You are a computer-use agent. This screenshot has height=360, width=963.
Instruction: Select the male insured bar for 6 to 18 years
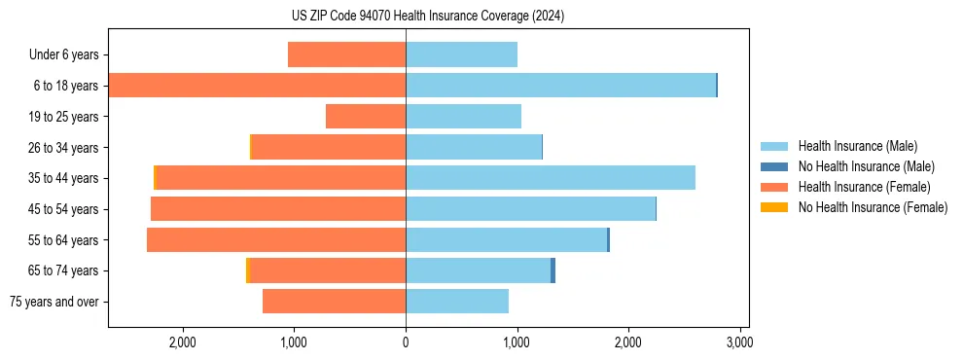pos(560,86)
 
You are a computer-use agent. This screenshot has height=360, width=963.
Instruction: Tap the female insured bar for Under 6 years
pos(346,54)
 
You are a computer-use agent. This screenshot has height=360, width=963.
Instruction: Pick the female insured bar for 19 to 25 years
pos(366,117)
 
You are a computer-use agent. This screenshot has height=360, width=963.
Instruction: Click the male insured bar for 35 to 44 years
pos(551,178)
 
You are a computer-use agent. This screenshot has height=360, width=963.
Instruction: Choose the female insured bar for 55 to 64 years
pos(276,239)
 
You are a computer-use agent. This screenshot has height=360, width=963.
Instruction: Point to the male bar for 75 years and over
pos(457,302)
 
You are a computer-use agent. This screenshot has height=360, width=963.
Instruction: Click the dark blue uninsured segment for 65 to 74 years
pos(553,270)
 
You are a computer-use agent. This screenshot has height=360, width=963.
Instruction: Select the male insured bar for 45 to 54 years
pos(530,209)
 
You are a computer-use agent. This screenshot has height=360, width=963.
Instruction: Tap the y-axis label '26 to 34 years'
pos(65,148)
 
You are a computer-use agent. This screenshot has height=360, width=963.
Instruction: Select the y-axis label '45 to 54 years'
pos(65,209)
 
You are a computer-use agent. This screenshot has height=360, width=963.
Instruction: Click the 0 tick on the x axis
pos(406,342)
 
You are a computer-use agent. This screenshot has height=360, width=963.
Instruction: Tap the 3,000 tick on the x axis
pos(739,342)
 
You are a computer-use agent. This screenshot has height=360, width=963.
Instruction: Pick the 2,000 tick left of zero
pos(183,342)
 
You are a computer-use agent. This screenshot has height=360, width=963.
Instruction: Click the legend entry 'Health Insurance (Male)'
pos(857,146)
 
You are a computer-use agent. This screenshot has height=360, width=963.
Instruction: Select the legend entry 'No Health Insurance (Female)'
pos(873,207)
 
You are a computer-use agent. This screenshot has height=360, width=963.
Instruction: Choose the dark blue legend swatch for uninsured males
pos(774,166)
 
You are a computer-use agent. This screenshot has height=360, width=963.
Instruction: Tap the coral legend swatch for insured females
pos(774,187)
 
